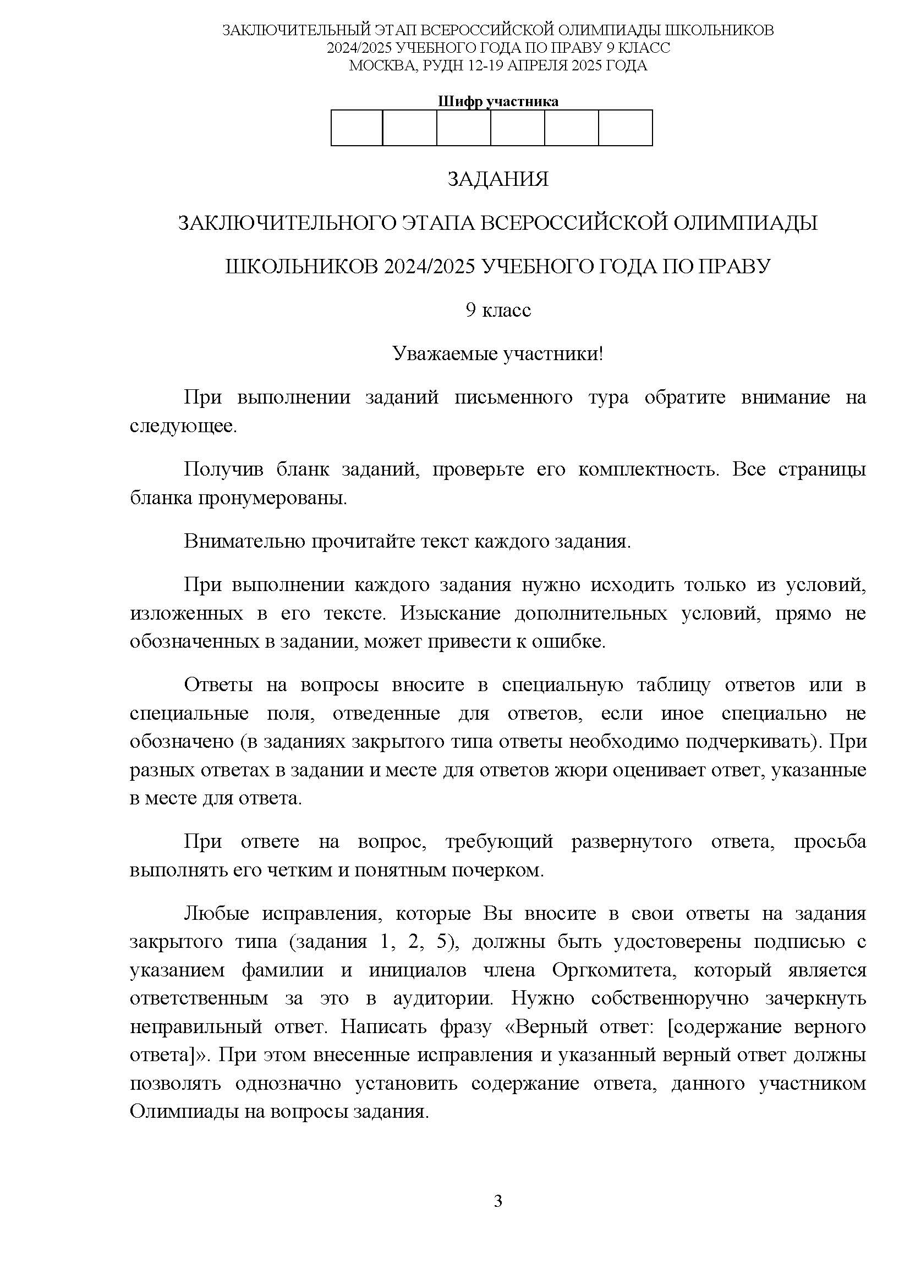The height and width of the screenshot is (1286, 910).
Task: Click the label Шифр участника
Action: [497, 101]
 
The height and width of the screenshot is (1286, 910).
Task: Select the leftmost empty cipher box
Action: [357, 128]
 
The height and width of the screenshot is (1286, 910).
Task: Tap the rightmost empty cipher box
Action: [625, 128]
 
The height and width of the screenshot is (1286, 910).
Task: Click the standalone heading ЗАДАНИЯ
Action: [497, 179]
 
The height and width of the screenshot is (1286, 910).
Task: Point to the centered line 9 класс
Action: [497, 310]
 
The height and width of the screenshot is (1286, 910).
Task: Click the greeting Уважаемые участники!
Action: [497, 354]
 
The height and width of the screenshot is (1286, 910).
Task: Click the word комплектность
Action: [648, 469]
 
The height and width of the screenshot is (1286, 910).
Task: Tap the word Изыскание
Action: [450, 614]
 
